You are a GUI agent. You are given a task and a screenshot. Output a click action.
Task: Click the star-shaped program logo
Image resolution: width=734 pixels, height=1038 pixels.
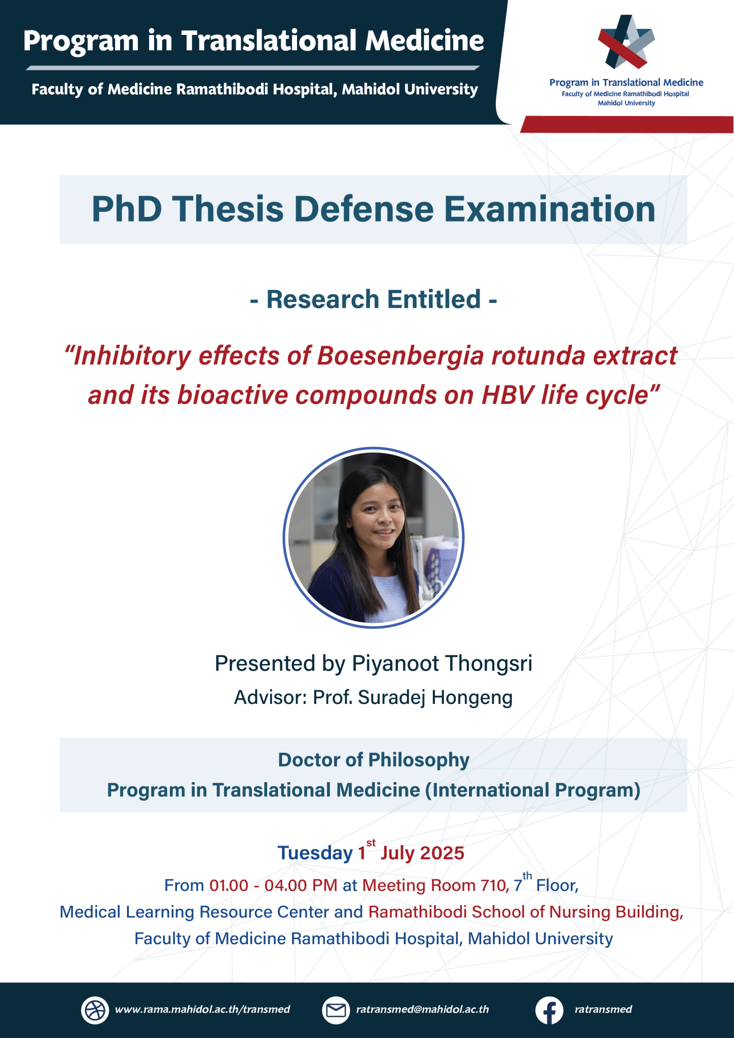pos(626,42)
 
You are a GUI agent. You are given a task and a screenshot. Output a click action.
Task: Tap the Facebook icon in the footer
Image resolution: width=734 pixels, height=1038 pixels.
pos(549,1010)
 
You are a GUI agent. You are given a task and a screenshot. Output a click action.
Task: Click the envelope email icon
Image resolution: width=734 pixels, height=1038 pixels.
pos(336,1010)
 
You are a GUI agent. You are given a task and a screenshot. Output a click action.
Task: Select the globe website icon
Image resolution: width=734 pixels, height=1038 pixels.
pos(95,1010)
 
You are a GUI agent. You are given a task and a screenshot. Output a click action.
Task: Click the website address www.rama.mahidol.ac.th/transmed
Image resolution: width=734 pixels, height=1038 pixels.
pos(203,1009)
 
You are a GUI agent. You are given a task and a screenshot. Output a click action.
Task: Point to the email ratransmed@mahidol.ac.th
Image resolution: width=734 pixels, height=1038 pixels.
pos(423,1009)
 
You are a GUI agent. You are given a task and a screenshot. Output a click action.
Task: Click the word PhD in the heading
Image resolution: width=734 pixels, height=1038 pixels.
pos(127,209)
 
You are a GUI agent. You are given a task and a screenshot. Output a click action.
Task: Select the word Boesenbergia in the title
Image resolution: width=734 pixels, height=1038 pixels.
pos(400,357)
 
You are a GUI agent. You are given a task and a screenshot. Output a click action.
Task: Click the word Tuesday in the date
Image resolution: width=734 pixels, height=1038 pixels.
pos(315,854)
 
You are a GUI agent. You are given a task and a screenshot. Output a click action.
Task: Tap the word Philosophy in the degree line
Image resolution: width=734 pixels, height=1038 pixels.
pos(419,760)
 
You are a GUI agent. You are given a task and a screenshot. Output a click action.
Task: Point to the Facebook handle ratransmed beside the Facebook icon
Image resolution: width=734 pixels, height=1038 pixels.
pos(603,1009)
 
